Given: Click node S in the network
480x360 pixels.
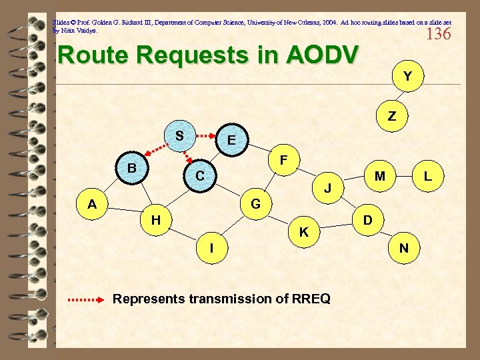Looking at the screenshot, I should tap(179, 135).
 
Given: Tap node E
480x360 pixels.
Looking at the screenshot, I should tap(231, 141).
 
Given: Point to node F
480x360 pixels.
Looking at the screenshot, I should tap(284, 161).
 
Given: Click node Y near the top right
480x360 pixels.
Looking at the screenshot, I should tap(407, 77).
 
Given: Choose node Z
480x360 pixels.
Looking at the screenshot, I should tap(392, 116).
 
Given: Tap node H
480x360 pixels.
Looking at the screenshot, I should tap(155, 219).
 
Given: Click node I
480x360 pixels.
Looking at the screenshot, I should tap(211, 248).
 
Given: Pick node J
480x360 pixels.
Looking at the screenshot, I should tap(328, 189).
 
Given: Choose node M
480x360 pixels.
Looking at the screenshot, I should tap(380, 176).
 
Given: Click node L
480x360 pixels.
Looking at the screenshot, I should tap(428, 176).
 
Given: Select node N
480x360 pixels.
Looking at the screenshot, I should tap(404, 248).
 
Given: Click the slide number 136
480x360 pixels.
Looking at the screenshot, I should tap(438, 33).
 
